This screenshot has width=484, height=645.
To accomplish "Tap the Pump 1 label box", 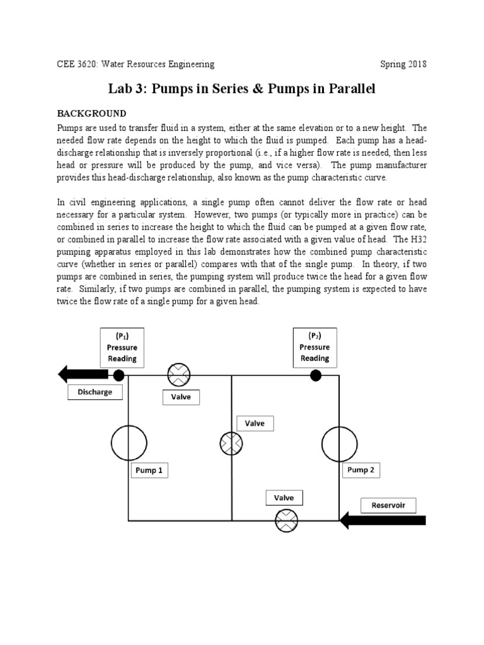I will pos(150,471).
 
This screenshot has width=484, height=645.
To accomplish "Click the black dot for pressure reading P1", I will pos(118,375).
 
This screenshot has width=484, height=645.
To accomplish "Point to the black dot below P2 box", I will pos(315,375).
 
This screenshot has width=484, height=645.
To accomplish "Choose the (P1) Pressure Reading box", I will pos(122,347).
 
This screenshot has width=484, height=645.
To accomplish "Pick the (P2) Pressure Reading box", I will pos(314,346).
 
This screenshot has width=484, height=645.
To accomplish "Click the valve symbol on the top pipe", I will pos(178,376).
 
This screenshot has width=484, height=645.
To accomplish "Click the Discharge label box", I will pos(95,392).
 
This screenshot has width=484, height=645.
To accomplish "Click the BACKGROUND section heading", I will pos(92,113).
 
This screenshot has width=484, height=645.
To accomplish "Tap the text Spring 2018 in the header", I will pos(403,64).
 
